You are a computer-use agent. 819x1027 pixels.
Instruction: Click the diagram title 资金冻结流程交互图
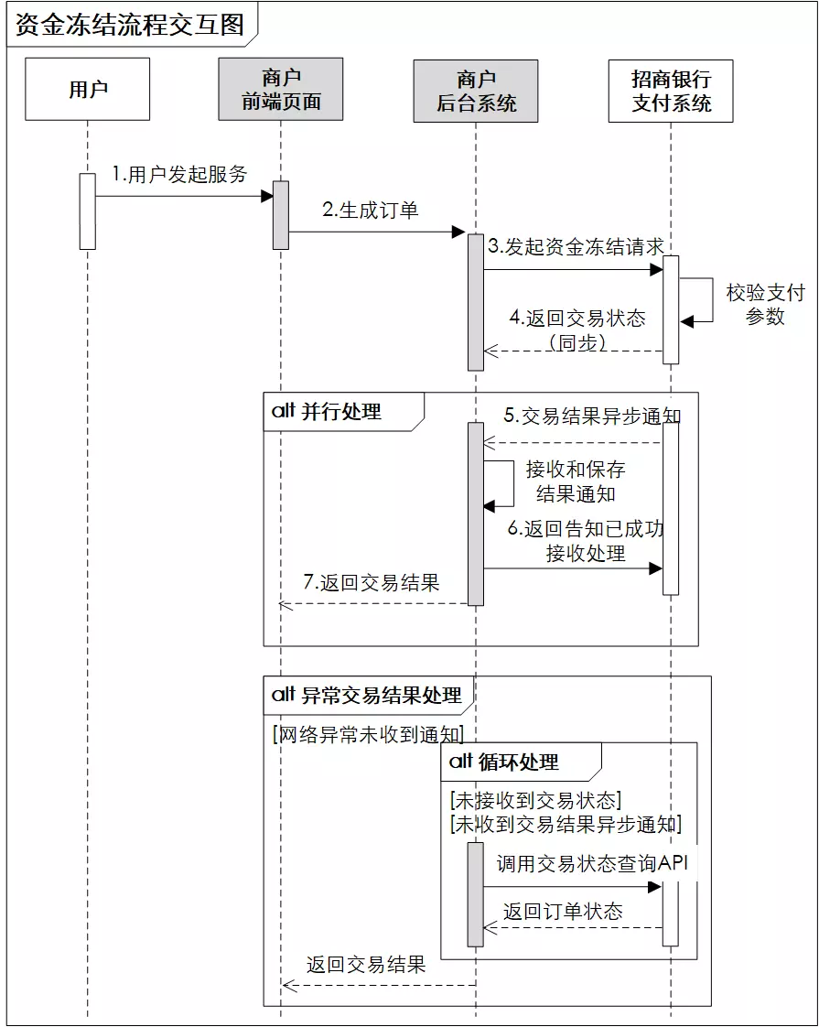[x=130, y=25]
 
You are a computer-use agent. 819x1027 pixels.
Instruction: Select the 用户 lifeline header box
[x=88, y=90]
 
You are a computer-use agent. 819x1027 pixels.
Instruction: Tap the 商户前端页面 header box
[x=281, y=90]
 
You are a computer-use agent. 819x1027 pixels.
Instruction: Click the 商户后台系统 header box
[x=476, y=91]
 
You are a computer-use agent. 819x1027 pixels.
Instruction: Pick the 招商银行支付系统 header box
[x=671, y=91]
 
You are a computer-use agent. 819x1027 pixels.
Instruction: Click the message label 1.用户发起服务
[x=179, y=174]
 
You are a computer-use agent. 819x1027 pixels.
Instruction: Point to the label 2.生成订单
[x=370, y=210]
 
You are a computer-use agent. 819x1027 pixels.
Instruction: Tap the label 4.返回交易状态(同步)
[x=577, y=330]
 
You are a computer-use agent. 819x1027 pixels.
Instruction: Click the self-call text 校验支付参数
[x=765, y=305]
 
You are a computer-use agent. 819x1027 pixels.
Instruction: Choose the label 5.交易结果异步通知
[x=592, y=416]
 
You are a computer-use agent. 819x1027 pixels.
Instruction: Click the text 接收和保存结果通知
[x=576, y=481]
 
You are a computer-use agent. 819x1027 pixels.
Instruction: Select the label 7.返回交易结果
[x=371, y=582]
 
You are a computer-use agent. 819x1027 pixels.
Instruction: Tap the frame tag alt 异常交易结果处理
[x=367, y=695]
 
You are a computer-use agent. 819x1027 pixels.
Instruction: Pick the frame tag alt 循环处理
[x=504, y=762]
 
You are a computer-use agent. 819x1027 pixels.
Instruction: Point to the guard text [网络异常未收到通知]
[x=368, y=733]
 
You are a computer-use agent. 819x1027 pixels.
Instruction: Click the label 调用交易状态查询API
[x=591, y=863]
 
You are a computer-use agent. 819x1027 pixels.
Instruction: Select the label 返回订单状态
[x=562, y=911]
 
